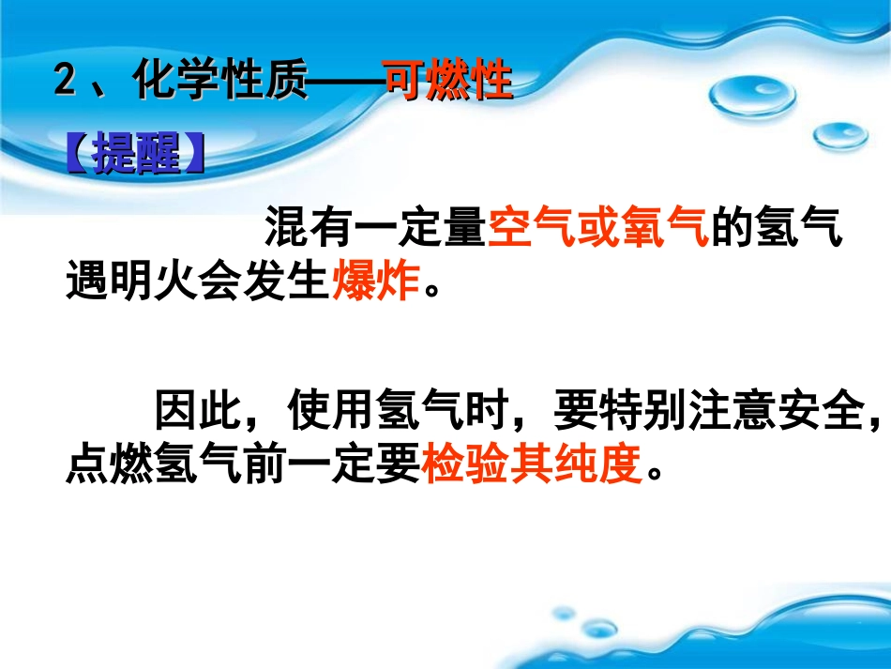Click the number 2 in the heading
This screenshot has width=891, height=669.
point(65,83)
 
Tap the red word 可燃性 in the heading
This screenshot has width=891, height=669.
point(448,83)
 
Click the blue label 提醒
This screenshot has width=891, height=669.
point(137,156)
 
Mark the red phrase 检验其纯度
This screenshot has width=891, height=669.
point(532,462)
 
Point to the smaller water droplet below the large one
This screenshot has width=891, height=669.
point(839,137)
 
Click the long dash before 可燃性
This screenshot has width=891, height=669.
point(346,83)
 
